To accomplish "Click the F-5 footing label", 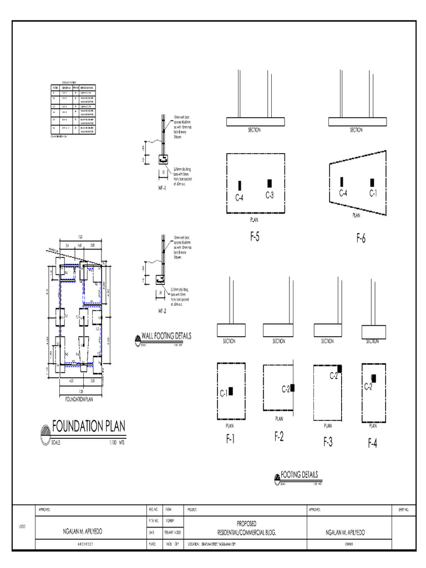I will pyautogui.click(x=255, y=237).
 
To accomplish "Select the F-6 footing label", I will pyautogui.click(x=361, y=239).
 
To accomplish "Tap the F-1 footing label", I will pyautogui.click(x=230, y=439).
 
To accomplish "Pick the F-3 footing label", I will pyautogui.click(x=328, y=442).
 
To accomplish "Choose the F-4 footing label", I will pyautogui.click(x=372, y=443).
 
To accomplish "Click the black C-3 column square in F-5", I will pyautogui.click(x=270, y=183).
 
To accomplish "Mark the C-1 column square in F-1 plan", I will pyautogui.click(x=231, y=391).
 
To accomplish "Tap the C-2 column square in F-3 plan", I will pyautogui.click(x=339, y=368).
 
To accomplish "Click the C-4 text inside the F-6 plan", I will pyautogui.click(x=343, y=193).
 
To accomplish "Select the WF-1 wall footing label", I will pyautogui.click(x=161, y=189).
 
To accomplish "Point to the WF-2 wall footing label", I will pyautogui.click(x=161, y=310).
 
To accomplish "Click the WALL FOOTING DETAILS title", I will pyautogui.click(x=166, y=336).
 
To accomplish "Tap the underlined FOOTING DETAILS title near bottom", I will pyautogui.click(x=300, y=475).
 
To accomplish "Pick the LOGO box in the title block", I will pyautogui.click(x=23, y=527).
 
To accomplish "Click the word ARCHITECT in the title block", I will pyautogui.click(x=89, y=545).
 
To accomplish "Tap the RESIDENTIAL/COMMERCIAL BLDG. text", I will pyautogui.click(x=246, y=531).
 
